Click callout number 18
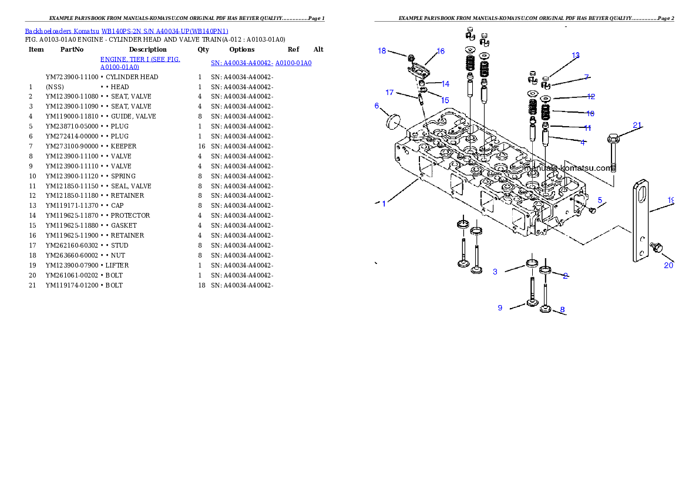(382, 51)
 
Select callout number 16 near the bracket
(441, 52)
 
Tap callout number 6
(377, 106)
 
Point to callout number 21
(637, 124)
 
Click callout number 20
(668, 265)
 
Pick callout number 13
(576, 56)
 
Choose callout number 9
(500, 307)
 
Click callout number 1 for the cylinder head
(384, 204)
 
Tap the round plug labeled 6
(392, 121)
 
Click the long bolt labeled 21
(613, 153)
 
